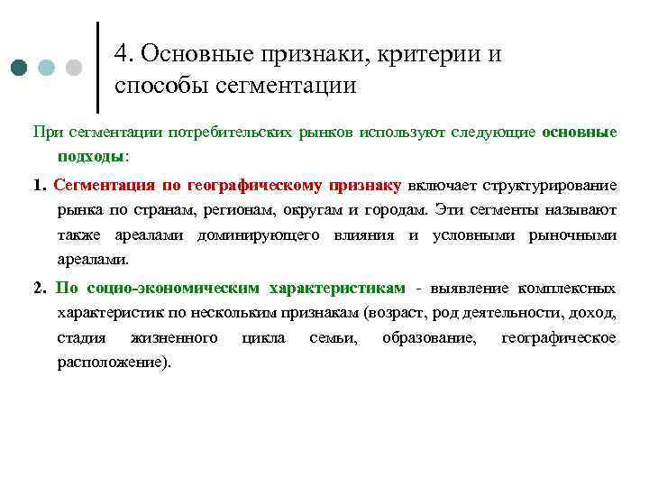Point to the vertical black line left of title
[96, 62]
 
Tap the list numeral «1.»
[39, 187]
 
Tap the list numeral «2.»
[39, 289]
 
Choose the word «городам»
[393, 210]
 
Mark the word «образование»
[429, 338]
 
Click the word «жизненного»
[174, 338]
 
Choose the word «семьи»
[332, 338]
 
